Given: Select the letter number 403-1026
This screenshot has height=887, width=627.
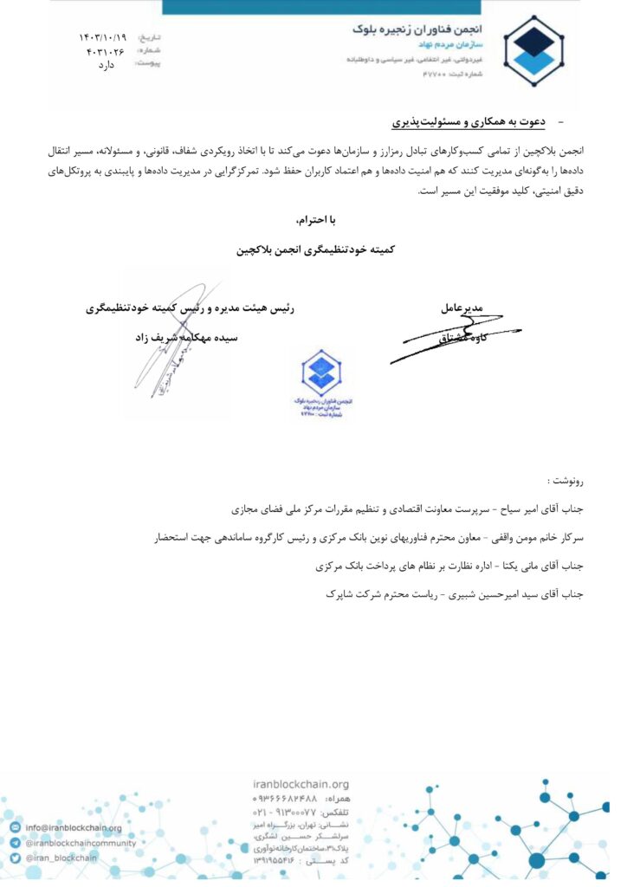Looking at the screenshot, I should [105, 51].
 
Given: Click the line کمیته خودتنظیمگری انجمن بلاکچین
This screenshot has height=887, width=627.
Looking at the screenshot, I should [314, 249].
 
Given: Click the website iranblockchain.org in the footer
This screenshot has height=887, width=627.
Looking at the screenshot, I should [301, 784].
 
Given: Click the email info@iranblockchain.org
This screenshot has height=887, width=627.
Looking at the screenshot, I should [74, 828].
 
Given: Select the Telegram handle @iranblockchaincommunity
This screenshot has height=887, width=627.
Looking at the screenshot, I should [80, 843].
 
